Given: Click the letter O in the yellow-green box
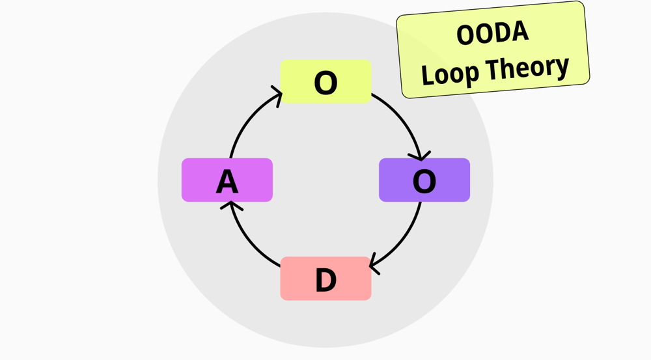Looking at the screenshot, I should pos(325,83).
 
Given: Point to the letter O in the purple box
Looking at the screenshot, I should pos(424,182).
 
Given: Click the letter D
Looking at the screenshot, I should pos(325,281).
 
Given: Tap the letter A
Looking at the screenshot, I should pos(227,182).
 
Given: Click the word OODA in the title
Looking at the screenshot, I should pos(492,33).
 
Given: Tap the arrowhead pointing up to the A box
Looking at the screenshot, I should pos(230,205).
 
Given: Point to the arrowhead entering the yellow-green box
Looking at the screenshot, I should pos(277,97).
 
